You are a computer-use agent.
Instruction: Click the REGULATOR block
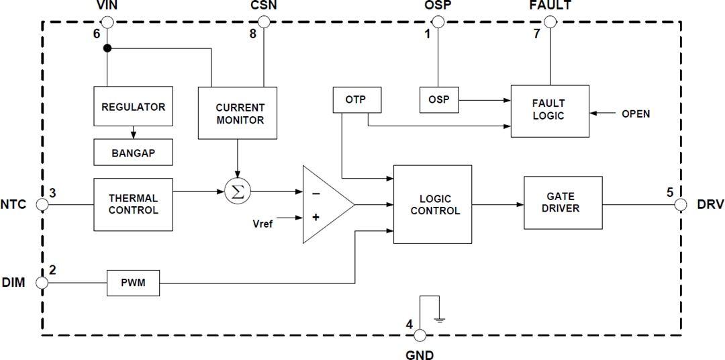(133, 107)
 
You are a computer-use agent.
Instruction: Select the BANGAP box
(133, 152)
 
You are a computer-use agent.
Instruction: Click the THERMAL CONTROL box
(133, 204)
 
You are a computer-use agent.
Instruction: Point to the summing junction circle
(236, 191)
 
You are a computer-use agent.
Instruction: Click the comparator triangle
(324, 204)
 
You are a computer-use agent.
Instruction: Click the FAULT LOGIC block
(549, 111)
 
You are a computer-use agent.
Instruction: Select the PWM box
(134, 283)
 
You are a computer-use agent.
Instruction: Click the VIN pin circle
(107, 22)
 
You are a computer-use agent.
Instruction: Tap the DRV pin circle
(681, 204)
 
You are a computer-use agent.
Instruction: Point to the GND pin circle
(420, 335)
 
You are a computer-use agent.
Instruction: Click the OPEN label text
(635, 114)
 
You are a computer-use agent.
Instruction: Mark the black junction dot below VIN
(107, 49)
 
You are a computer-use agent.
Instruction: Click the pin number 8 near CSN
(253, 34)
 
